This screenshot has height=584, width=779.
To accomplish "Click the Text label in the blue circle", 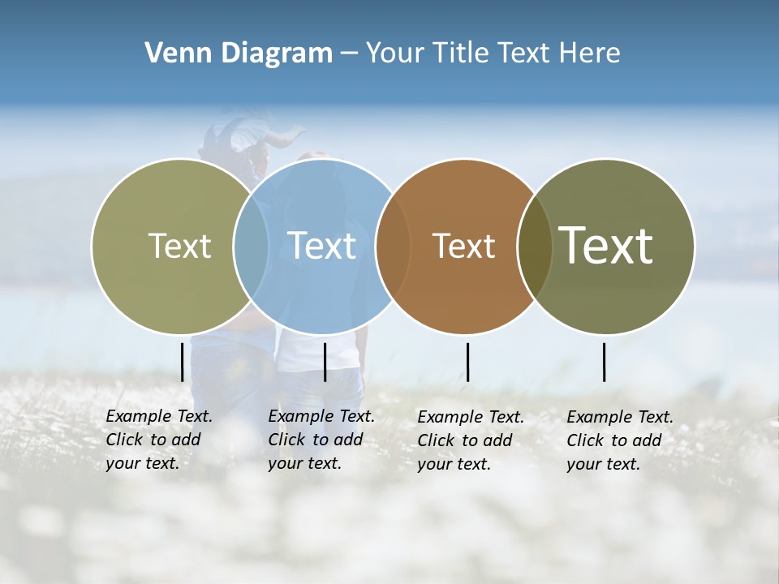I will click(x=322, y=246).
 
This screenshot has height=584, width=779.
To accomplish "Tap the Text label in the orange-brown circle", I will click(x=464, y=246).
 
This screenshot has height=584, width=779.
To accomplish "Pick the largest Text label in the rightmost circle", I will click(x=605, y=245).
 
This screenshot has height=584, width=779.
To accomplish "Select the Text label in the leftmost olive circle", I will click(x=180, y=246).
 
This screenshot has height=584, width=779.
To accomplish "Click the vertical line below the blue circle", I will click(x=325, y=362).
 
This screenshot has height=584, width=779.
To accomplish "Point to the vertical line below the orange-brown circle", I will click(x=467, y=362).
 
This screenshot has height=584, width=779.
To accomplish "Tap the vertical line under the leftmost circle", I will click(x=182, y=362).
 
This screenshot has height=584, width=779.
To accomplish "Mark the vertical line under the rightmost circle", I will click(x=604, y=362).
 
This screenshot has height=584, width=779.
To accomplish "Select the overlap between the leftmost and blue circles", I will click(x=251, y=246).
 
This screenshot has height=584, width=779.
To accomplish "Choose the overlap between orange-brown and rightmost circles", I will click(x=534, y=246).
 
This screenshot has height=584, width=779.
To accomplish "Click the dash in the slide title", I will click(x=349, y=54).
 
